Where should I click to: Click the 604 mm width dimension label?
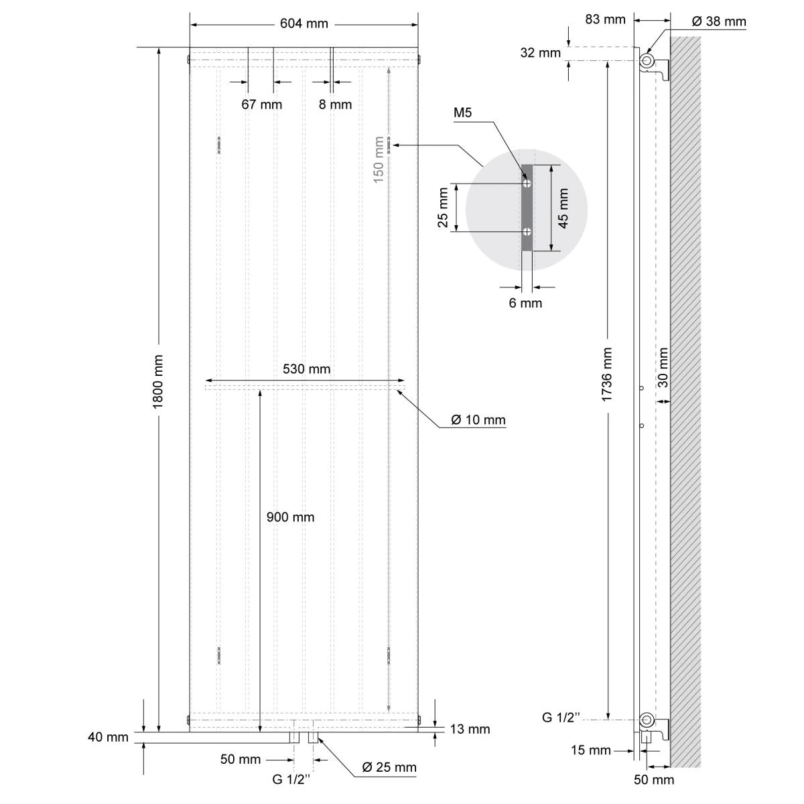[x=304, y=23]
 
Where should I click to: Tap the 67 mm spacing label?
[x=261, y=105]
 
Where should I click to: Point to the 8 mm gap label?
[x=335, y=105]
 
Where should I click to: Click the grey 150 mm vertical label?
[x=379, y=159]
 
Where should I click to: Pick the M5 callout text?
[x=462, y=113]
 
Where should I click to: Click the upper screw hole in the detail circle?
[x=527, y=183]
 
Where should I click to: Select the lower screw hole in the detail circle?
[x=527, y=232]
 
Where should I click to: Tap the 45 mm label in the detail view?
[x=563, y=208]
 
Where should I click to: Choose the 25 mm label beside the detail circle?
[x=443, y=208]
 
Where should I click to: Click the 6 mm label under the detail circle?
[x=525, y=303]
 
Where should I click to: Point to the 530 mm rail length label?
[x=306, y=369]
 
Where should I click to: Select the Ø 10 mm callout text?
[x=478, y=420]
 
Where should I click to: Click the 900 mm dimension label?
[x=290, y=517]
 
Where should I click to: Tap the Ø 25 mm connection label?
[x=389, y=767]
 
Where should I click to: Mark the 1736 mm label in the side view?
[x=607, y=375]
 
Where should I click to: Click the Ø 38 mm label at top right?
[x=718, y=21]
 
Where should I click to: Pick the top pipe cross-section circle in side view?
[x=647, y=61]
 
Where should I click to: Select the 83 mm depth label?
[x=605, y=19]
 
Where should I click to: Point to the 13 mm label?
[x=470, y=729]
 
